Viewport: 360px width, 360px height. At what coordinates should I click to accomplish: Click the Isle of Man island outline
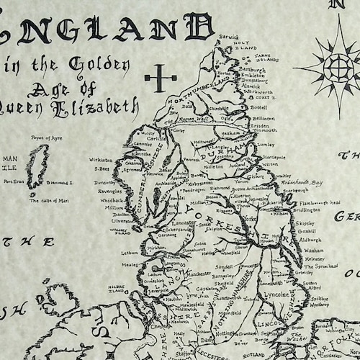click(x=36, y=166)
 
